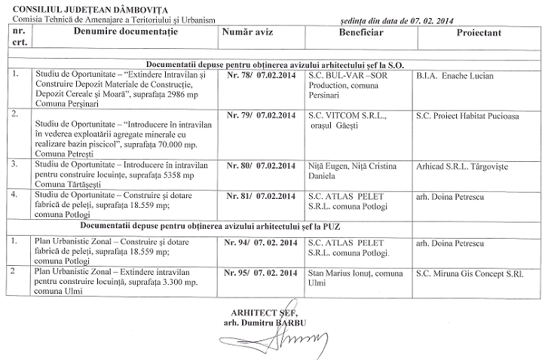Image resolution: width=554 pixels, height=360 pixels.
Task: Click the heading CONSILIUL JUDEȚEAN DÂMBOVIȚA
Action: (69, 8)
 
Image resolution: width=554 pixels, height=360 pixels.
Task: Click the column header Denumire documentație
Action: (121, 35)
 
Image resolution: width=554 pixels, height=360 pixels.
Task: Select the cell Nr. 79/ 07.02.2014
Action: (260, 116)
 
